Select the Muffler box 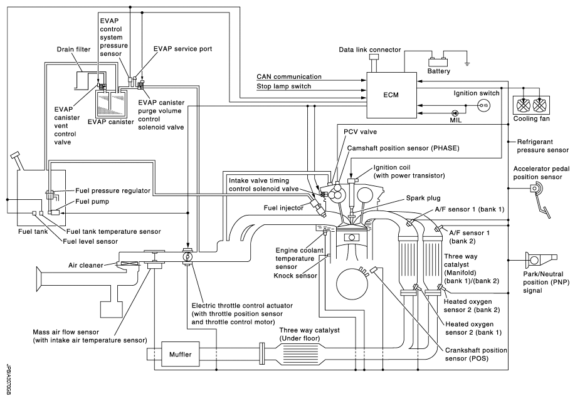tap(179, 355)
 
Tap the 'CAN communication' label tap(290, 76)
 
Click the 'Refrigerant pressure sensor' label tap(541, 146)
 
